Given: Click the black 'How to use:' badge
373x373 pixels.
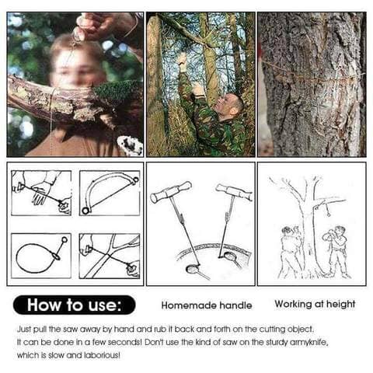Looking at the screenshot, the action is (74, 305).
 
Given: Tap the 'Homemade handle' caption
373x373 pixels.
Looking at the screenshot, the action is (207, 305).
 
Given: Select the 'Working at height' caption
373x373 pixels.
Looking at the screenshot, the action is (315, 305).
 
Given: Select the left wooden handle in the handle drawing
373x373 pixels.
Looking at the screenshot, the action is (171, 192).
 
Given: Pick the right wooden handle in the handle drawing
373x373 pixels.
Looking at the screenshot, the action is (234, 192).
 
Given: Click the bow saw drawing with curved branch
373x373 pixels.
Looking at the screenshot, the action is (110, 193).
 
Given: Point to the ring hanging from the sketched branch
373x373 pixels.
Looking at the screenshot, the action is (329, 214).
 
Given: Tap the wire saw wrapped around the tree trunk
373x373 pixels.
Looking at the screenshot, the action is (313, 75).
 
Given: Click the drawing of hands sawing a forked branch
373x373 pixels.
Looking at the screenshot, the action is (110, 256).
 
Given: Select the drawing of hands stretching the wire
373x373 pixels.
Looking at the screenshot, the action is (41, 193).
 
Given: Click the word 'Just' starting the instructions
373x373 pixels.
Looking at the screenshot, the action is (24, 329).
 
